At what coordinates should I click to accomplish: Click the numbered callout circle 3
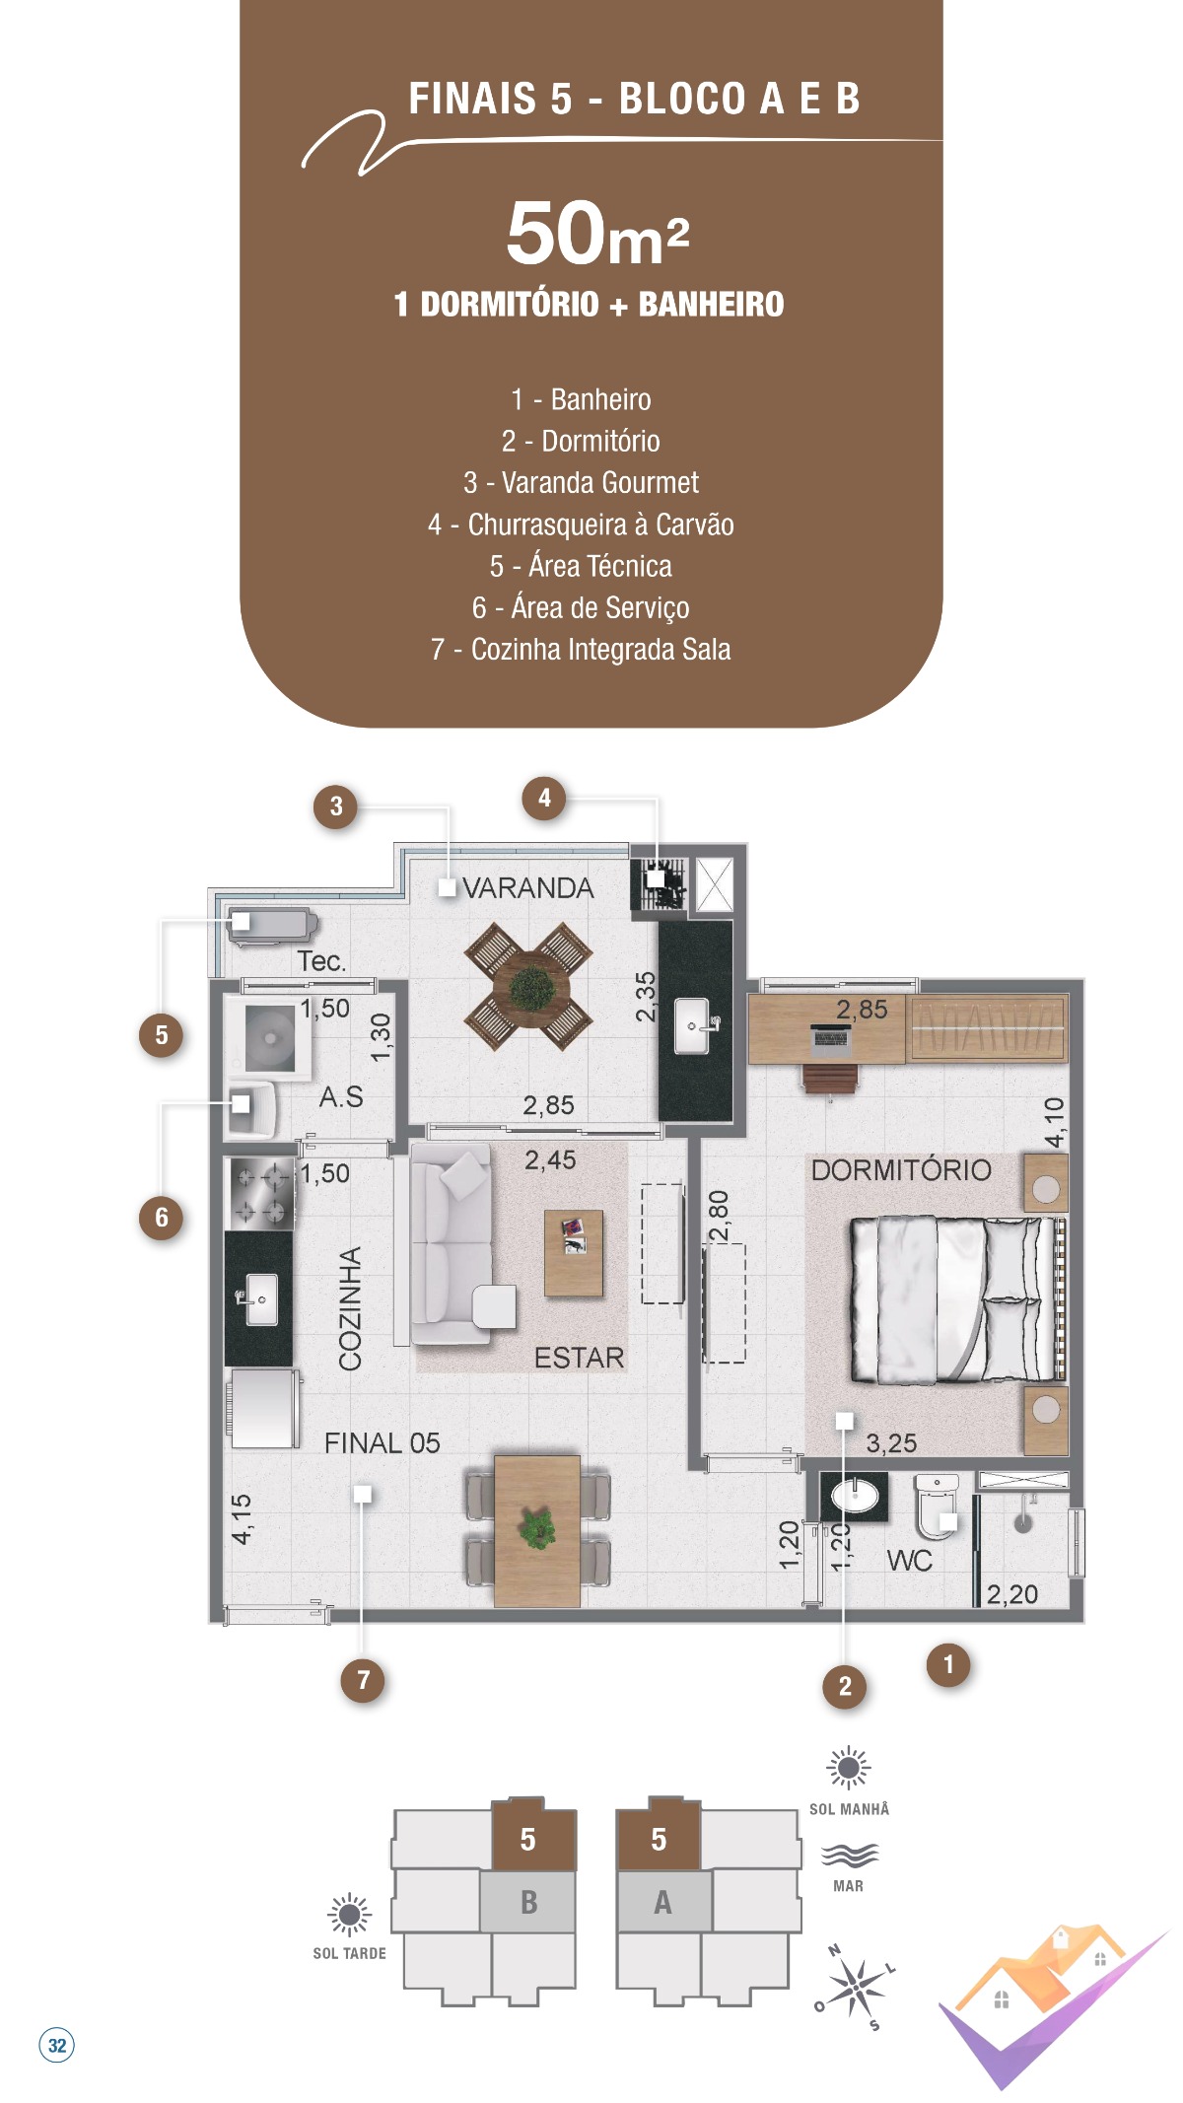coord(336,806)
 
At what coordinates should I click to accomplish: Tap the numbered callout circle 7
coord(364,1680)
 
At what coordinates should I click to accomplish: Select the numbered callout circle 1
coord(948,1665)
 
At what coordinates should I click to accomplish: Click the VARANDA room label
coord(528,888)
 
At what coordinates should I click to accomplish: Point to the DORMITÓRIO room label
coord(901,1170)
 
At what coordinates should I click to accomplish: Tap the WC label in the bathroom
coord(909,1561)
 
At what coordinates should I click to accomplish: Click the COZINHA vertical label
coord(350,1309)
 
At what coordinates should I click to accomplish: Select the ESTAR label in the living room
coord(579,1358)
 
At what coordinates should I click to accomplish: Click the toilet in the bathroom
coord(936,1506)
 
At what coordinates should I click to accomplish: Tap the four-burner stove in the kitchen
coord(260,1193)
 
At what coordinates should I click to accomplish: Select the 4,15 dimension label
coord(242,1519)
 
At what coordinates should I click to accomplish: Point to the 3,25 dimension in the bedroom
coord(891,1443)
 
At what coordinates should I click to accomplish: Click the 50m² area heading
coord(597,235)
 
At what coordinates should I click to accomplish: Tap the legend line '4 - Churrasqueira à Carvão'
coord(581,525)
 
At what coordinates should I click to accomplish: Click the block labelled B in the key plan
coord(528,1902)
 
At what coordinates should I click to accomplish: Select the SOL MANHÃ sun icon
coord(848,1768)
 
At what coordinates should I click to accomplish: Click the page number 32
coord(57,2045)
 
